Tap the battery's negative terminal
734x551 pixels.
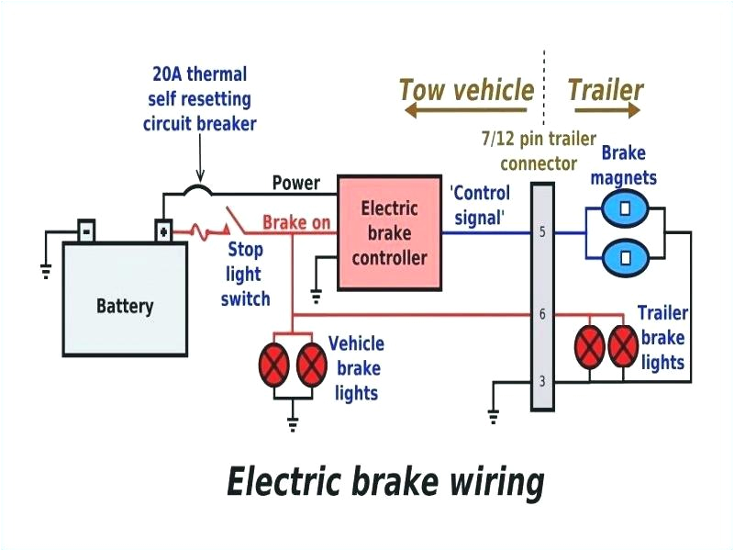pyautogui.click(x=85, y=230)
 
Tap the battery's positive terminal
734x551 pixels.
pyautogui.click(x=162, y=230)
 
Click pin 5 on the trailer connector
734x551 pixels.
pyautogui.click(x=542, y=232)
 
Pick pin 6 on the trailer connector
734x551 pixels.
pyautogui.click(x=542, y=314)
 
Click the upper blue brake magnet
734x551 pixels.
pyautogui.click(x=625, y=208)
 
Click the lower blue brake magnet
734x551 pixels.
pyautogui.click(x=625, y=256)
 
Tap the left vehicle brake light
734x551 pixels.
pyautogui.click(x=274, y=365)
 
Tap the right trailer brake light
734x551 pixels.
pyautogui.click(x=624, y=346)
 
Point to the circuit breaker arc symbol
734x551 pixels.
pyautogui.click(x=197, y=191)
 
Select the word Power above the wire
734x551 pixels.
pyautogui.click(x=295, y=183)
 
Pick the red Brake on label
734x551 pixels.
pyautogui.click(x=296, y=222)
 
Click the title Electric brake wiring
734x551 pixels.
pyautogui.click(x=384, y=481)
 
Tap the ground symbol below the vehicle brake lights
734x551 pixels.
pyautogui.click(x=294, y=423)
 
